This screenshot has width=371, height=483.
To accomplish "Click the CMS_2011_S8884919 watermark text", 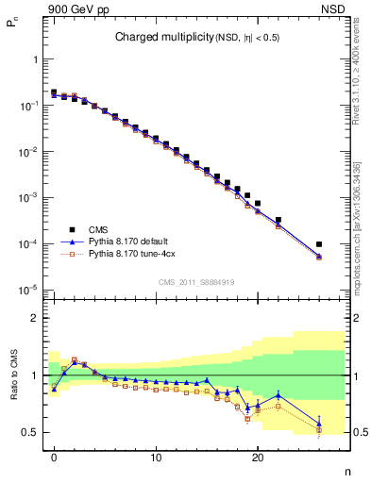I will (197, 282).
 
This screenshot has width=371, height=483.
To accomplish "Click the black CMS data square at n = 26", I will (319, 244).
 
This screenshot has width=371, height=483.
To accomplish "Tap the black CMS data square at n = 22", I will (278, 220).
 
